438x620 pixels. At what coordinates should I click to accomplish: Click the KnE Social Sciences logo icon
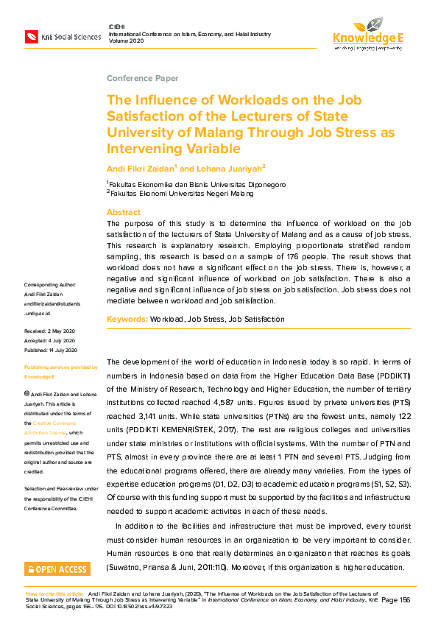click(x=32, y=36)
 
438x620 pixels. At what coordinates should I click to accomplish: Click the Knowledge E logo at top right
click(x=367, y=33)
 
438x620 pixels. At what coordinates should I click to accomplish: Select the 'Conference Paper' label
click(x=142, y=78)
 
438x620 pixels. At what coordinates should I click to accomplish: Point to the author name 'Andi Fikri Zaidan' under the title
click(x=141, y=168)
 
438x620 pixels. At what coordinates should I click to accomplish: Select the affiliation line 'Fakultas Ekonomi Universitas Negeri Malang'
click(x=180, y=193)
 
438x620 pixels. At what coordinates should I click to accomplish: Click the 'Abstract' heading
click(x=124, y=212)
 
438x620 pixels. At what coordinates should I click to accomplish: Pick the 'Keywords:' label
click(x=127, y=319)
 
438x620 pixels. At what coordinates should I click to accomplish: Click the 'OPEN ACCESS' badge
click(x=57, y=569)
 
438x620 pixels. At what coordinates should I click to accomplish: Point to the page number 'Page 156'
click(x=395, y=600)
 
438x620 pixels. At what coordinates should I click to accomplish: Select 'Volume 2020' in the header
click(x=126, y=41)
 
